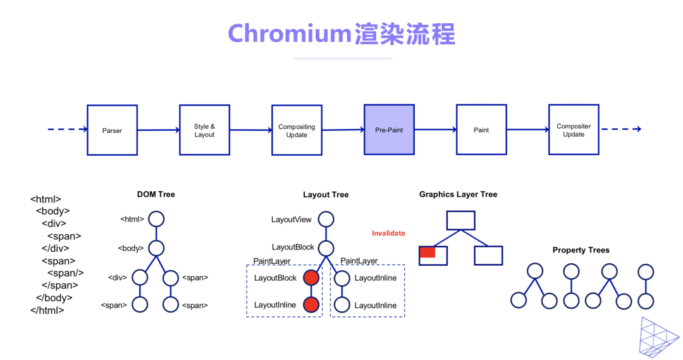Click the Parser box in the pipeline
point(112,130)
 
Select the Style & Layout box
point(204,130)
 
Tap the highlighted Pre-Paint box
point(389,130)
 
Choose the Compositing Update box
point(297,130)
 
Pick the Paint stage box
point(481,130)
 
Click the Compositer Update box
point(574,130)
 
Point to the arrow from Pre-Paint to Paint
point(435,130)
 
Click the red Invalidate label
point(388,233)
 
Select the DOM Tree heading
point(156,194)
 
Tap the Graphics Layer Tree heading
point(458,194)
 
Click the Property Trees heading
point(581,250)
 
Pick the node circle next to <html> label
point(156,220)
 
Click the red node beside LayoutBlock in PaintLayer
point(311,278)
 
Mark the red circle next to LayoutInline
point(311,305)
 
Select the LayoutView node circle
point(326,220)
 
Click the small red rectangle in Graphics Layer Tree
point(428,252)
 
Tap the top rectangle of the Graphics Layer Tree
point(460,220)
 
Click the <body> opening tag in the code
point(52,211)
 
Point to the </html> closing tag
point(47,310)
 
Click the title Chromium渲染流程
point(341,34)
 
